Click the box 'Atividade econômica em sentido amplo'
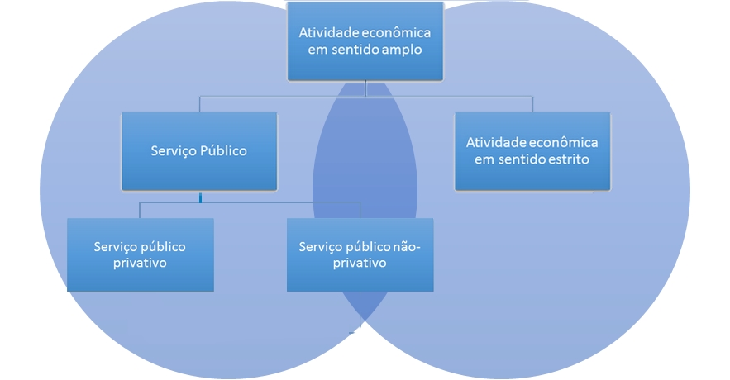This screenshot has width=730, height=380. pyautogui.click(x=365, y=41)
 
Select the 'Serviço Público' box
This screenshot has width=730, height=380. pyautogui.click(x=199, y=151)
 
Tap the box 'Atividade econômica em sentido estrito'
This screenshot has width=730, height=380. pyautogui.click(x=532, y=151)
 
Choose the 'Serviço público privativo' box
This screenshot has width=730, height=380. pyautogui.click(x=140, y=254)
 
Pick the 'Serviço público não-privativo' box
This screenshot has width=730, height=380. pyautogui.click(x=360, y=254)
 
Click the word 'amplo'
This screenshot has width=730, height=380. pyautogui.click(x=403, y=50)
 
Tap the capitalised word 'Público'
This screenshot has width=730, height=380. pyautogui.click(x=222, y=151)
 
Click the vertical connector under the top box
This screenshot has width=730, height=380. pyautogui.click(x=365, y=88)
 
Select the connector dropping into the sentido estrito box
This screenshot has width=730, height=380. pyautogui.click(x=532, y=104)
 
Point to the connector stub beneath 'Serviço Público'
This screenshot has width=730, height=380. pyautogui.click(x=200, y=196)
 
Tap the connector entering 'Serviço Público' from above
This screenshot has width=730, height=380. pyautogui.click(x=200, y=104)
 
